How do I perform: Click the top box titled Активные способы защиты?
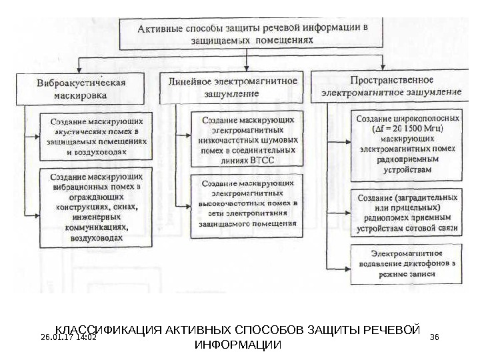point(252,33)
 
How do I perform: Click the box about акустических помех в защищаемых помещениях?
point(96,137)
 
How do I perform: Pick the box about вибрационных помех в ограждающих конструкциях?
point(97,207)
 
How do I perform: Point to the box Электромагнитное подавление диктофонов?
point(405,263)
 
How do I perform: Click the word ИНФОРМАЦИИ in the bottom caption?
point(237,345)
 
